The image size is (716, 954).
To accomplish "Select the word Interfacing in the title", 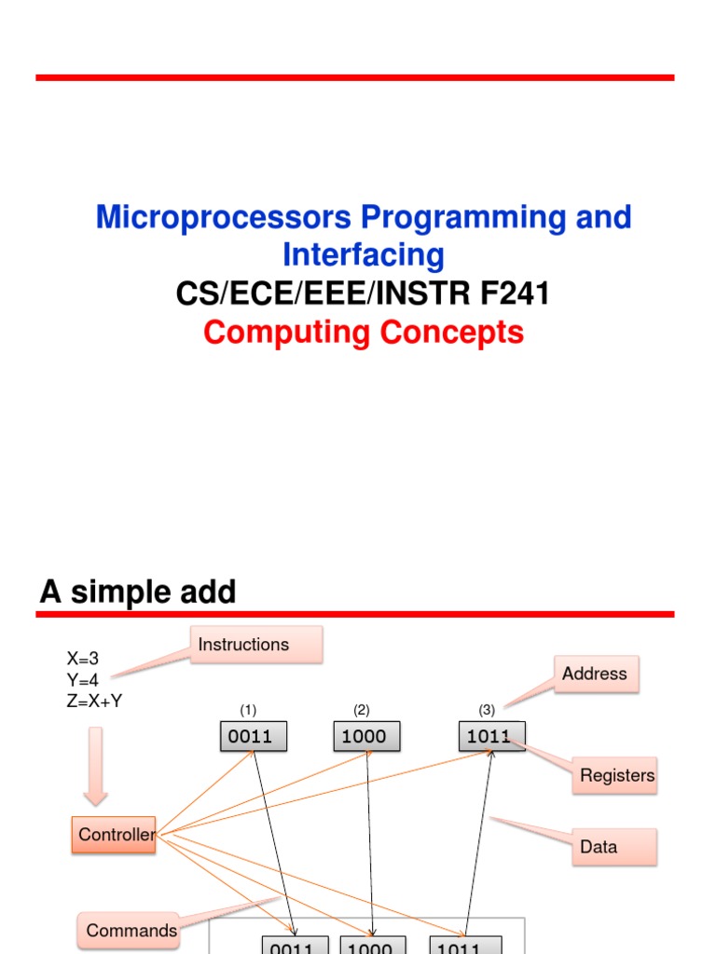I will [x=364, y=255].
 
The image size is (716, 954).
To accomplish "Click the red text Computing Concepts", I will [x=364, y=333].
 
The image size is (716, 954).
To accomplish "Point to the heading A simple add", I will [x=138, y=593].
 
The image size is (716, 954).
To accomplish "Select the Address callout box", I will [x=596, y=674].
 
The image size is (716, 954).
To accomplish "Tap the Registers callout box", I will [x=616, y=775].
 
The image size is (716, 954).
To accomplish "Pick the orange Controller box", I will [x=114, y=835].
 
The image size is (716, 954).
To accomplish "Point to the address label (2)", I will [x=362, y=710].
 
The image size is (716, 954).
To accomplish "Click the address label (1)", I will [x=249, y=710].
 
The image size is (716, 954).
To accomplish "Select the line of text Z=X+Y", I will [x=94, y=702].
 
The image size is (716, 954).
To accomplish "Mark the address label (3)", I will [x=487, y=710].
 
